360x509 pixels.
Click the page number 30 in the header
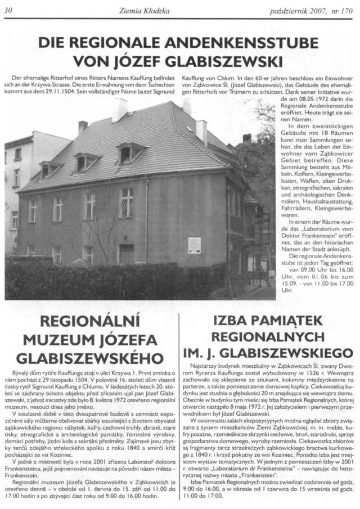(x=8, y=10)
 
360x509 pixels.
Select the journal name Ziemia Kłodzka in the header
(x=145, y=10)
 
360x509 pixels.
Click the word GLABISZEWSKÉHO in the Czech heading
(x=85, y=358)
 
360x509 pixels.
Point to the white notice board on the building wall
(x=195, y=243)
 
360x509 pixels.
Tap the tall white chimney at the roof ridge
(x=119, y=110)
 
